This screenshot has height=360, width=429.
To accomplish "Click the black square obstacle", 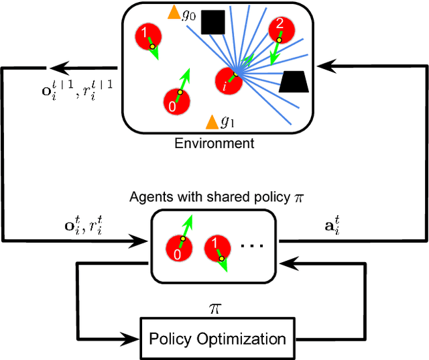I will point(213,22).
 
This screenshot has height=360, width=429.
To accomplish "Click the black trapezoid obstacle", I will point(294,81).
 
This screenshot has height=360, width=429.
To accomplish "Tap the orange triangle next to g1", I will point(212,121).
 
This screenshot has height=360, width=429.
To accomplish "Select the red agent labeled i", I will point(227,79).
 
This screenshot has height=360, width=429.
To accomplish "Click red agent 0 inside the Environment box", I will point(176,102).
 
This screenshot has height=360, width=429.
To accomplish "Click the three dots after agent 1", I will point(252,246).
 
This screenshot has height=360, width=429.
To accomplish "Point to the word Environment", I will point(214,143).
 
